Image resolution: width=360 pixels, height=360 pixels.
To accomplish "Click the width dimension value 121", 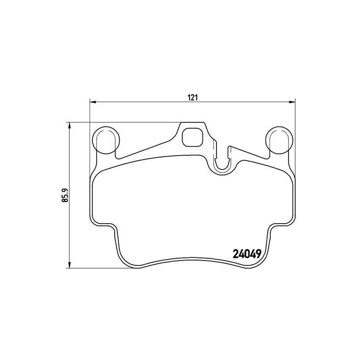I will click(193, 98).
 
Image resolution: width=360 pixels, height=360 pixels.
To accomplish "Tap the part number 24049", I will click(247, 254).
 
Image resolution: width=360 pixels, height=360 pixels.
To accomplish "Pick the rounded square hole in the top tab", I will click(193, 137).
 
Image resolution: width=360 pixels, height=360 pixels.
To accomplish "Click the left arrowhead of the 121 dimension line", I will click(93, 103).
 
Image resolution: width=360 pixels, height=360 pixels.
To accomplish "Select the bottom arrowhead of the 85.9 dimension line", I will click(69, 263).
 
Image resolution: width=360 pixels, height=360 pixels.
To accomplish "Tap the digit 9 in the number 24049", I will click(259, 254).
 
